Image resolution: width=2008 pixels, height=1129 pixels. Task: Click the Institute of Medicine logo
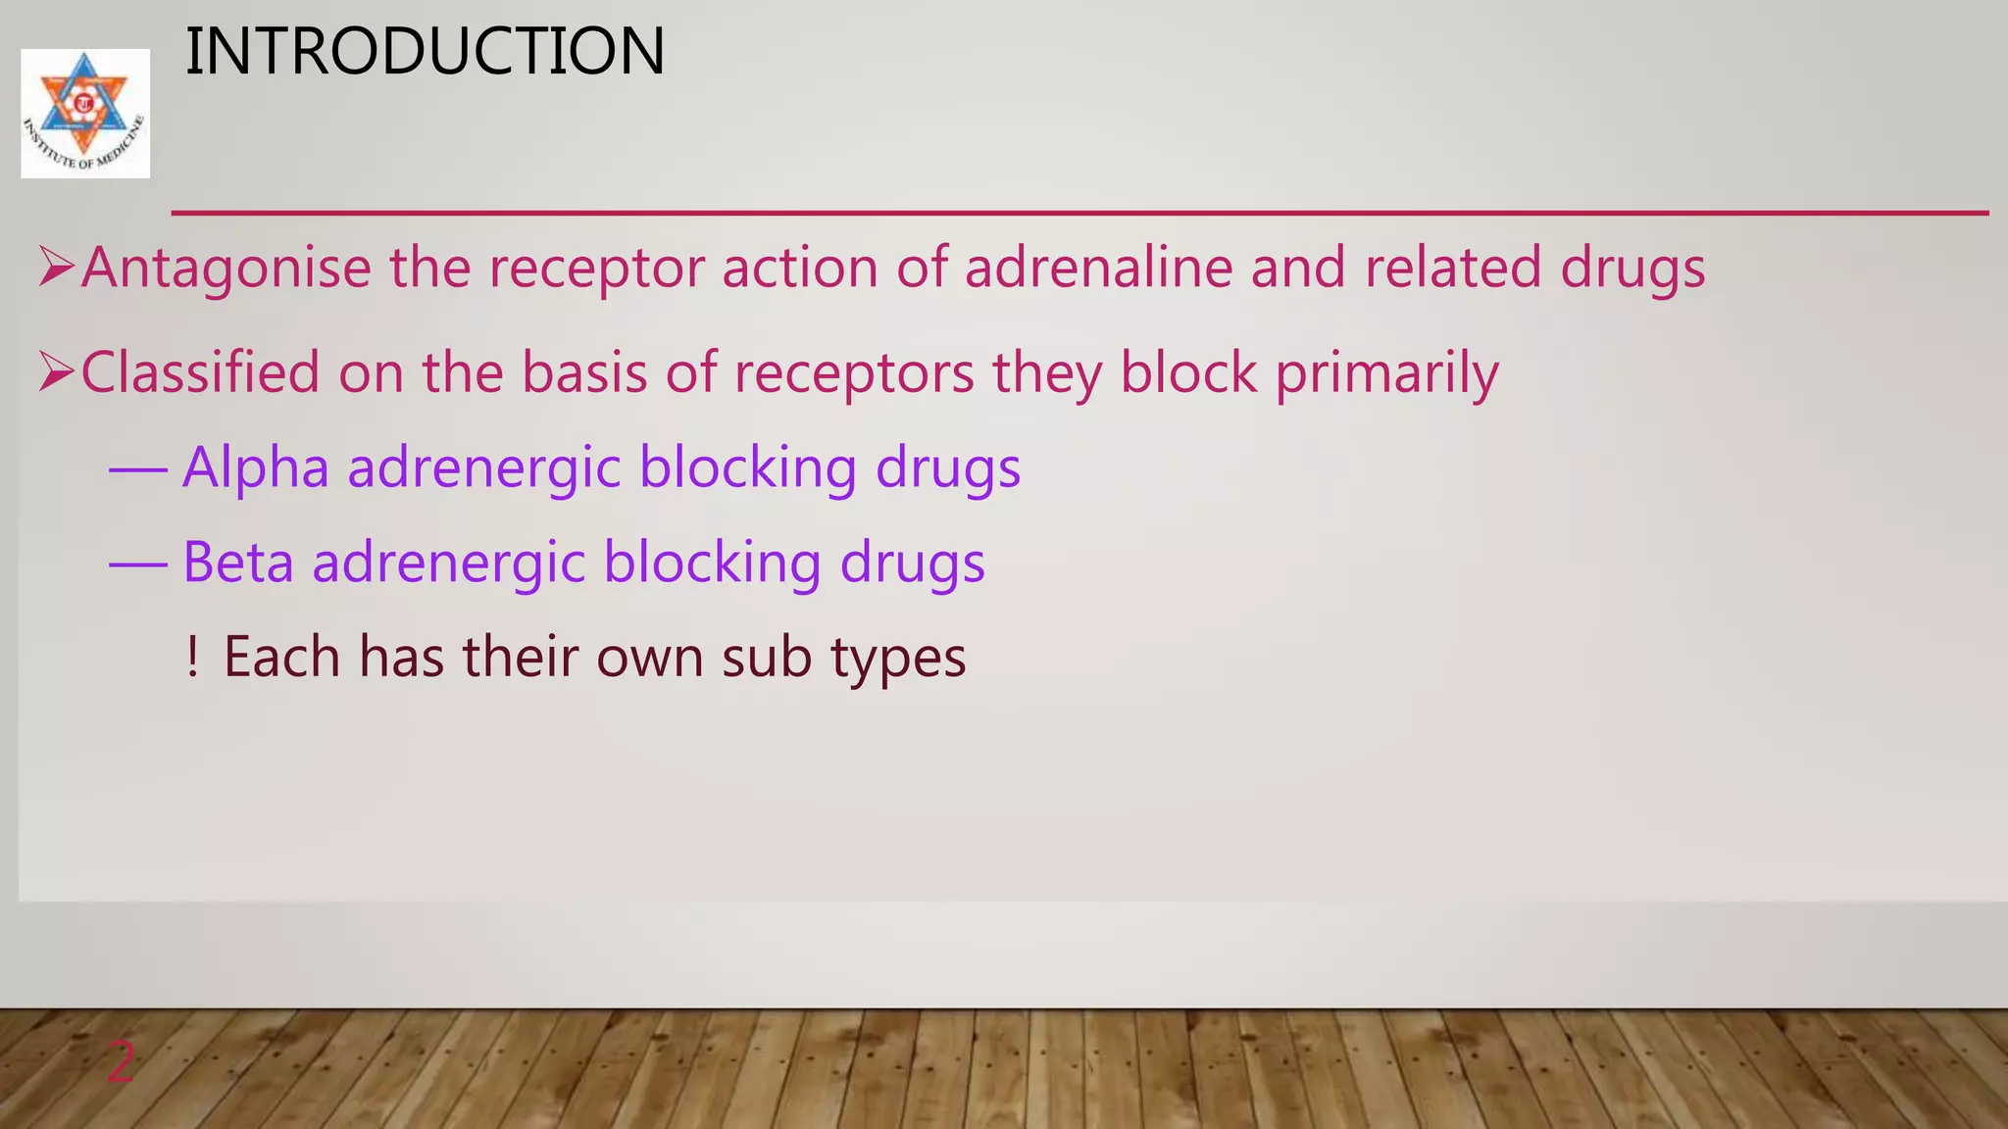pyautogui.click(x=85, y=113)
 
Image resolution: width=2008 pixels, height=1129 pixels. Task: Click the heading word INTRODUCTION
pyautogui.click(x=425, y=51)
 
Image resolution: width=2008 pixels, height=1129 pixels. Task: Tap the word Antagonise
pyautogui.click(x=226, y=268)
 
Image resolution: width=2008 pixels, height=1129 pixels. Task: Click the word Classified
pyautogui.click(x=201, y=372)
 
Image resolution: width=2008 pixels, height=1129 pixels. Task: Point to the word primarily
pyautogui.click(x=1386, y=374)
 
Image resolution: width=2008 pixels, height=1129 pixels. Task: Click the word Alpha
pyautogui.click(x=256, y=467)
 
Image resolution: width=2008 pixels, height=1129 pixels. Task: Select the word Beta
pyautogui.click(x=238, y=563)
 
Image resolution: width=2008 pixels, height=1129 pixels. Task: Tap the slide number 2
pyautogui.click(x=121, y=1062)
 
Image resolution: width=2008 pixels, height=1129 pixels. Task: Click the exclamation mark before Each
pyautogui.click(x=192, y=657)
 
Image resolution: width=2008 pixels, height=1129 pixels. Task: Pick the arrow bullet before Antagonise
pyautogui.click(x=56, y=267)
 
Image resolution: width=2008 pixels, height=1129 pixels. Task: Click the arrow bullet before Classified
pyautogui.click(x=56, y=372)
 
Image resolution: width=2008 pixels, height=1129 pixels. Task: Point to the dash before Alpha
pyautogui.click(x=138, y=470)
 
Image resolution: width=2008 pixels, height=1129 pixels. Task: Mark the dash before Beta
pyautogui.click(x=138, y=565)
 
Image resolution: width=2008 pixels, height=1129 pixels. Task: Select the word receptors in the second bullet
pyautogui.click(x=854, y=374)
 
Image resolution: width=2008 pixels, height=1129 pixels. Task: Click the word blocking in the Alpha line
pyautogui.click(x=748, y=467)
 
